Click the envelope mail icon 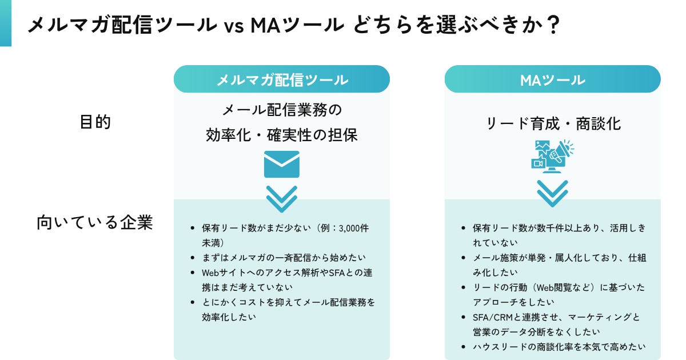[282, 164]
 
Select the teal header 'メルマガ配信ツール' [282, 79]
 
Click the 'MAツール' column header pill [552, 79]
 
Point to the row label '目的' [94, 122]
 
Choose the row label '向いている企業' [94, 222]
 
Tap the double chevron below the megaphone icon [552, 193]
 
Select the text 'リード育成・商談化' [552, 123]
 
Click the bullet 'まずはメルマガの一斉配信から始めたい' [284, 258]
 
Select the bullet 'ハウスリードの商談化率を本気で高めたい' [559, 346]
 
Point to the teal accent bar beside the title [6, 23]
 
